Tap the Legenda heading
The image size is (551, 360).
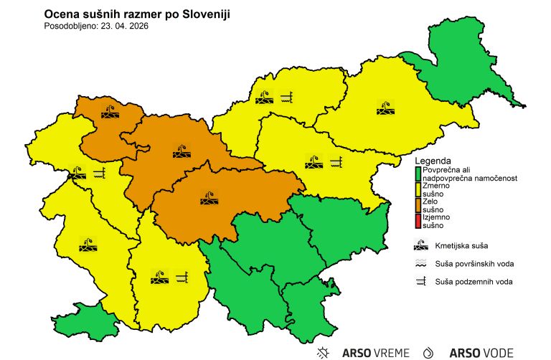tap(434, 161)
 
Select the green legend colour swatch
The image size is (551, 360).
tap(417, 173)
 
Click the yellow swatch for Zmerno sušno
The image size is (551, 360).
tap(417, 189)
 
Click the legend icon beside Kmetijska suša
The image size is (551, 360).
tap(422, 246)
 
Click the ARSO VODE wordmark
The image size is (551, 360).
tap(481, 352)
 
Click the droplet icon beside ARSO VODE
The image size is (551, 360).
tap(429, 352)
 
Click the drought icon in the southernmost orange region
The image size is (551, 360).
tap(212, 199)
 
